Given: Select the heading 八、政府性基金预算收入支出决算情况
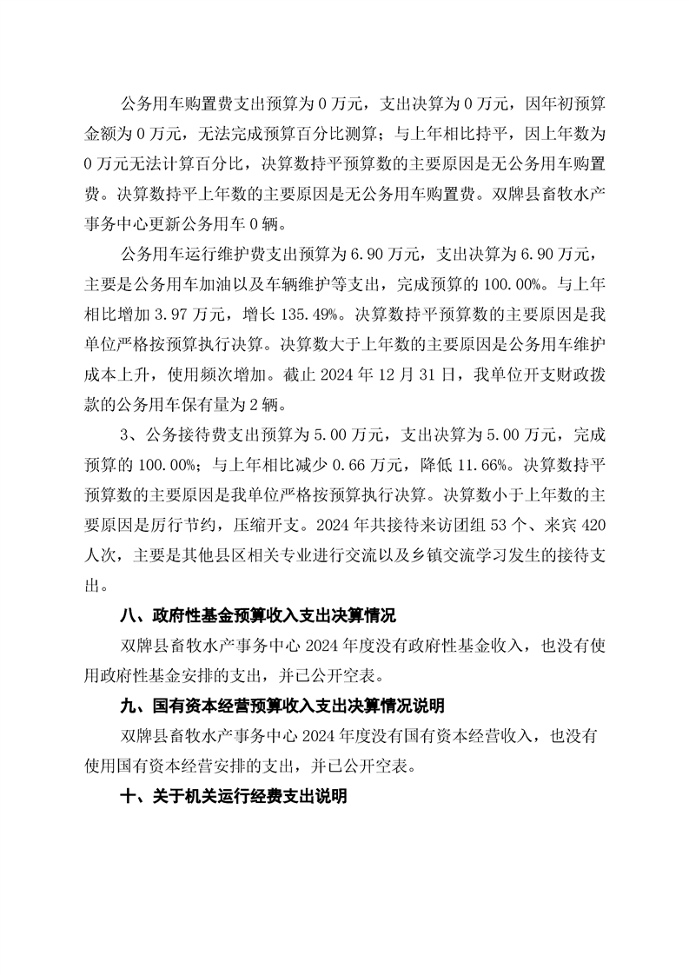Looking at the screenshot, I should (257, 616).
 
